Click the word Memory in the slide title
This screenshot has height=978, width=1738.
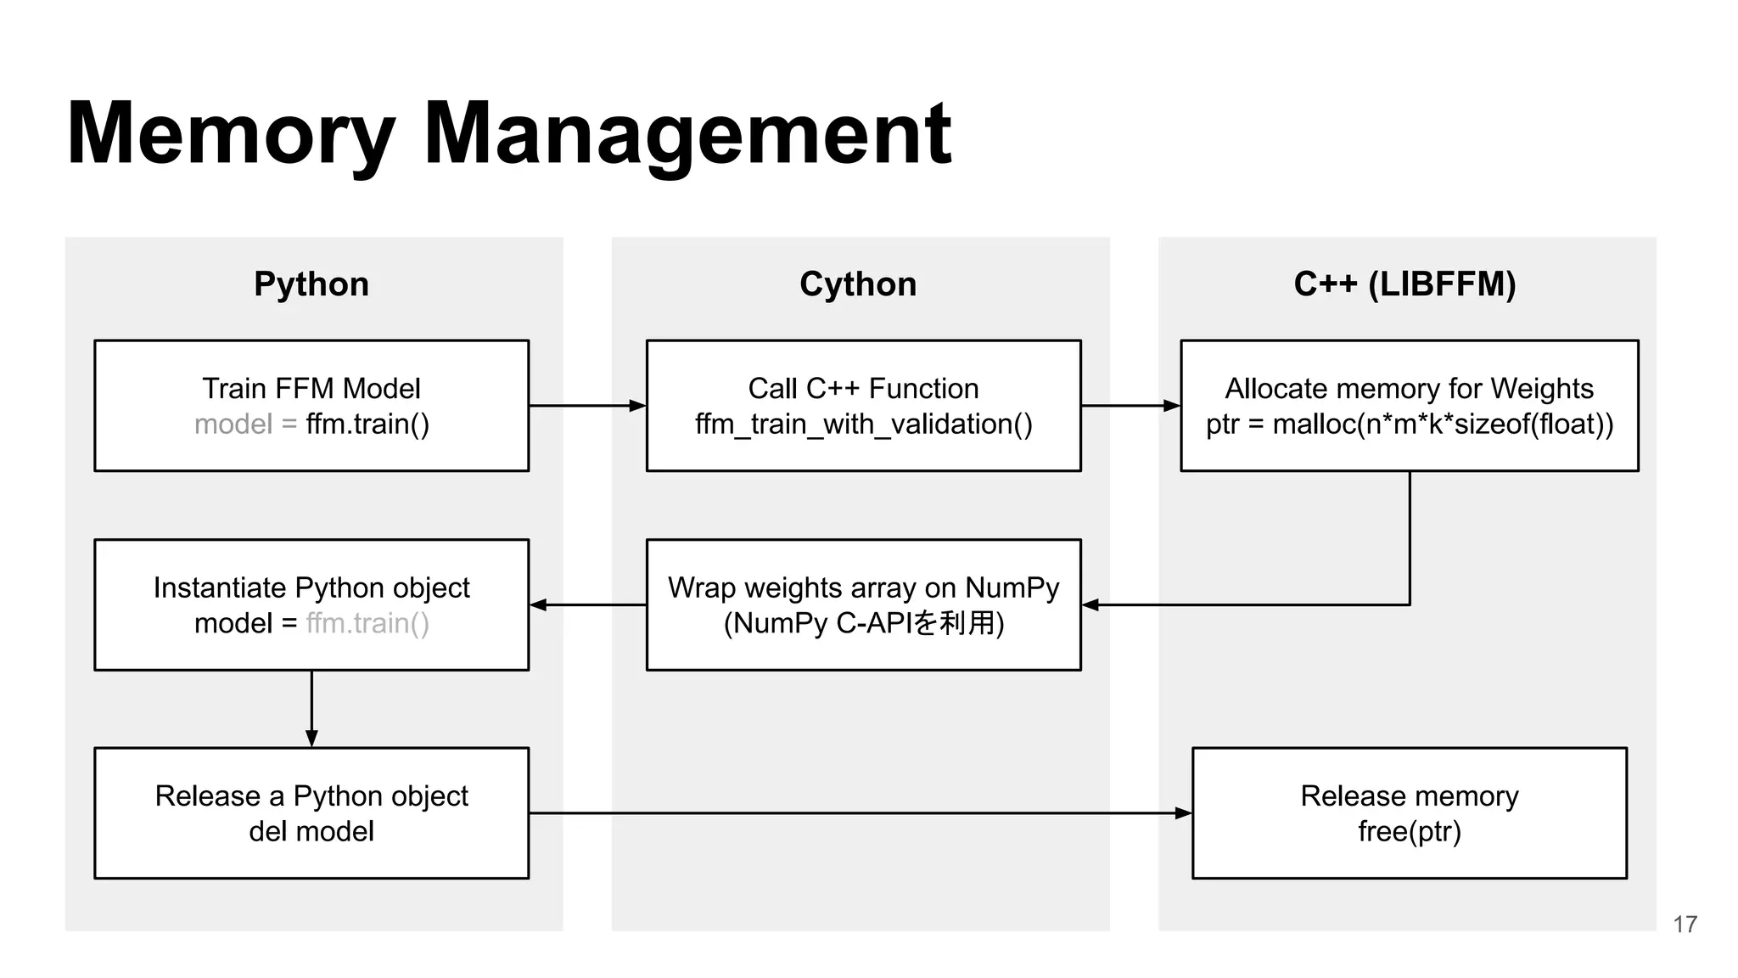(231, 134)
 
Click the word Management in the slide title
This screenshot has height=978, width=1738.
(687, 134)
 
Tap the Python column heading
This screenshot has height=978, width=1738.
(311, 284)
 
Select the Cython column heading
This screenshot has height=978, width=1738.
(858, 284)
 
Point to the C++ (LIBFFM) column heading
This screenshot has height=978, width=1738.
(1404, 284)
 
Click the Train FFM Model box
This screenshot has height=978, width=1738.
(311, 406)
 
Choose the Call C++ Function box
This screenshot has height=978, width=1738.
(863, 406)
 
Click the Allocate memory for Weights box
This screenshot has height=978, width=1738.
(1409, 406)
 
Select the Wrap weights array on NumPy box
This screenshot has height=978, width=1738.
(863, 604)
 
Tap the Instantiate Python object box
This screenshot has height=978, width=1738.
(311, 604)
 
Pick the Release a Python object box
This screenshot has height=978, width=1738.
(311, 812)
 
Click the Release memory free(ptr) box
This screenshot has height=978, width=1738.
(1409, 812)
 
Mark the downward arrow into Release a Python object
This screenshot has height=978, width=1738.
(311, 709)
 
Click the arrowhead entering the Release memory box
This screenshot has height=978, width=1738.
(1183, 813)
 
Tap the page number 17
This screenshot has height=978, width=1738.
(1685, 924)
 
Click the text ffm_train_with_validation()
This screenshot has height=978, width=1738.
(863, 424)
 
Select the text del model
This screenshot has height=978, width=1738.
(311, 831)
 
